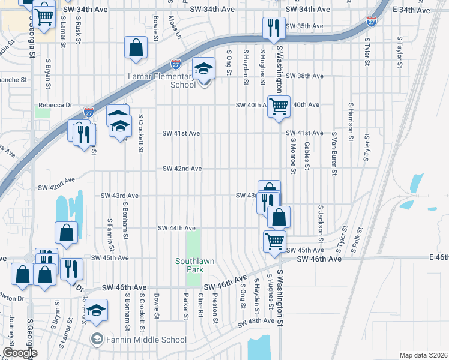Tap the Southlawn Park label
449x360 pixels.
[193, 265]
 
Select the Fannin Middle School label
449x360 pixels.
[146, 340]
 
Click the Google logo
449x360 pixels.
[19, 353]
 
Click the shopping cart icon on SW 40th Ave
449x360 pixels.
[279, 107]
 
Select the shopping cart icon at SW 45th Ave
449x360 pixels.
[274, 241]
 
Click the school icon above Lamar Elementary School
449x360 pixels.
[203, 68]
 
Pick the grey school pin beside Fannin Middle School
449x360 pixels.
[96, 340]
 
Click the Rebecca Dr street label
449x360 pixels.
[55, 105]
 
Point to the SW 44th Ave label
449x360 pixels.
[176, 228]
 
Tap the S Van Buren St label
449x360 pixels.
[331, 154]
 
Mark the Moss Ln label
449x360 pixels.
[175, 26]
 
